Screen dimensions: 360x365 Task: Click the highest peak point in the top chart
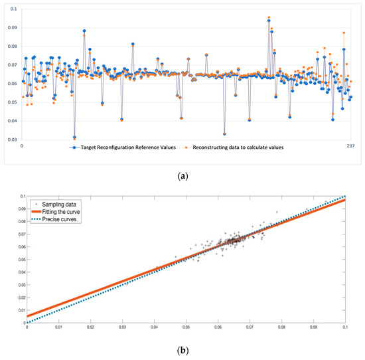(269, 18)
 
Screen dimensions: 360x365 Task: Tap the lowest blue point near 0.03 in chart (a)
(74, 137)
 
